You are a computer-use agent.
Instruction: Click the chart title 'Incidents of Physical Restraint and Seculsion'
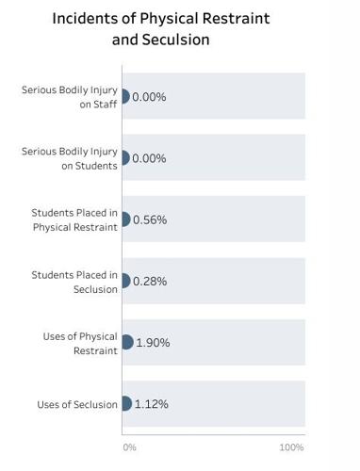(x=160, y=29)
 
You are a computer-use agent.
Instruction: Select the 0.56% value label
(x=149, y=219)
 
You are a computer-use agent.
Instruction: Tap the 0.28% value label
(x=149, y=281)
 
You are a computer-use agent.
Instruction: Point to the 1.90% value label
(x=153, y=343)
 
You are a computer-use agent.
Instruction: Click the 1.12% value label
(x=151, y=404)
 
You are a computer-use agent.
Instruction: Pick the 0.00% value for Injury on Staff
(x=149, y=96)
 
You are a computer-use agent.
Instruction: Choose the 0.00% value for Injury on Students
(x=149, y=158)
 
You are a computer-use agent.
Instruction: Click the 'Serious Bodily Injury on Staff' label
(x=70, y=97)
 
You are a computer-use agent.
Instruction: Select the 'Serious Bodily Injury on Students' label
(x=70, y=158)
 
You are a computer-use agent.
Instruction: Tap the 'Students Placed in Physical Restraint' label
(x=74, y=219)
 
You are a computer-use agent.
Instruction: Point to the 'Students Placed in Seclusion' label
(x=74, y=282)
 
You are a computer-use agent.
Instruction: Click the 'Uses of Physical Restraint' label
(x=80, y=343)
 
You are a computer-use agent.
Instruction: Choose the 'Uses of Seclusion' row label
(x=77, y=404)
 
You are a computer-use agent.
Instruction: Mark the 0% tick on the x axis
(x=130, y=447)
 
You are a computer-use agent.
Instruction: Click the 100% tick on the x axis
(x=291, y=447)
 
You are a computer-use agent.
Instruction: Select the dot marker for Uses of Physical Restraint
(x=126, y=342)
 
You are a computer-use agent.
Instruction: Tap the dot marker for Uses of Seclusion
(x=125, y=403)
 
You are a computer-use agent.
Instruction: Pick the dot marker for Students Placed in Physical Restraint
(x=124, y=219)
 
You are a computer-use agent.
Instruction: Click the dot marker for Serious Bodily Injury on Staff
(x=124, y=96)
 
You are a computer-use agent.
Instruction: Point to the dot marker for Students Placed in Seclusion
(x=124, y=281)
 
